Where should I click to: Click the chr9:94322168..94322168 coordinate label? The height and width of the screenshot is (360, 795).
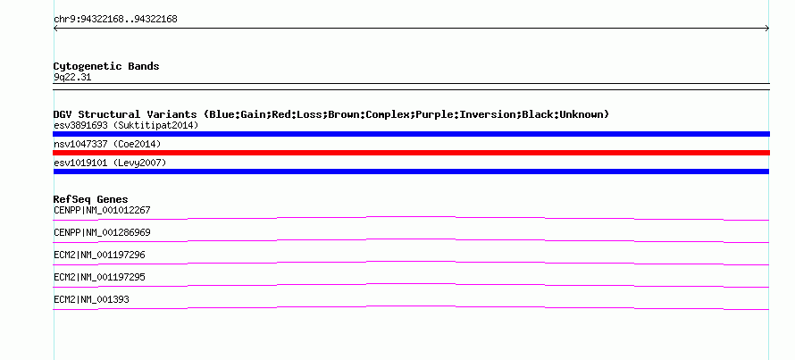pos(115,20)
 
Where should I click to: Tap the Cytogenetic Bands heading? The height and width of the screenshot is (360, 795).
pos(106,66)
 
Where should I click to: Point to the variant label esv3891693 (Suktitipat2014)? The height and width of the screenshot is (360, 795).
pos(126,125)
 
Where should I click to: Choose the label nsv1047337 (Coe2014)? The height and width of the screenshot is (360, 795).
pos(107,144)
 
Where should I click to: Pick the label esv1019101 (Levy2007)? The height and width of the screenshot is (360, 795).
pos(110,163)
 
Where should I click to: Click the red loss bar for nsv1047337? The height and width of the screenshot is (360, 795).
pos(411,153)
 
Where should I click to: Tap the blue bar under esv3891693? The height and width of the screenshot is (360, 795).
pos(411,134)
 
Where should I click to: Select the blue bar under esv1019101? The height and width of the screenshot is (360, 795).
pos(411,172)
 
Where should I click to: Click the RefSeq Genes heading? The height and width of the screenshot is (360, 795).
pos(91,199)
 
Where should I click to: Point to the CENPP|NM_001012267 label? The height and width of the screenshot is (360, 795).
pos(102,210)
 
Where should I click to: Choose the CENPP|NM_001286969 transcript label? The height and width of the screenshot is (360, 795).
pos(102,232)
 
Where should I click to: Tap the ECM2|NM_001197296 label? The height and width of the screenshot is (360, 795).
pos(99,255)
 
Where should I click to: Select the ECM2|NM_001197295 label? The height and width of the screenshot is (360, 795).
pos(99,277)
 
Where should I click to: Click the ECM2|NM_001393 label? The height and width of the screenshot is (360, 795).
pos(91,299)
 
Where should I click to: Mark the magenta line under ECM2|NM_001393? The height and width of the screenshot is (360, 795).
pos(411,306)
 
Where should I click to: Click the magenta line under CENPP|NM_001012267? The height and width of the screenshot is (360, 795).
pos(411,217)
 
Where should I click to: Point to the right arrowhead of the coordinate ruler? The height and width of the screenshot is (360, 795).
pos(768,29)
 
